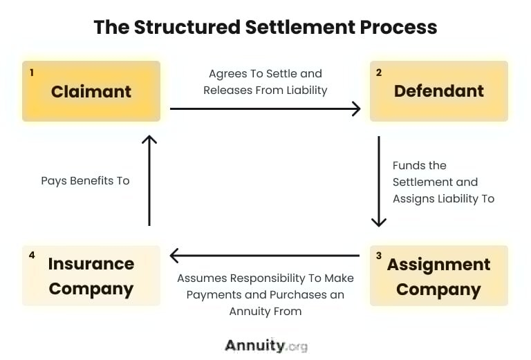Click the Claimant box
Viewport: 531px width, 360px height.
coord(91,91)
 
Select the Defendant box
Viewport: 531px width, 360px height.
coord(439,91)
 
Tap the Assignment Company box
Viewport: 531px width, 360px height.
coord(439,276)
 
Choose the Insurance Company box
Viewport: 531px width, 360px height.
coord(91,276)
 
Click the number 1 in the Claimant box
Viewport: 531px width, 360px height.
coord(32,72)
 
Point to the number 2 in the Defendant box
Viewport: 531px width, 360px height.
coord(379,72)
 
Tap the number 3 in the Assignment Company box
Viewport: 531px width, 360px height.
coord(379,256)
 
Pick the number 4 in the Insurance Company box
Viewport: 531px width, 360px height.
coord(32,255)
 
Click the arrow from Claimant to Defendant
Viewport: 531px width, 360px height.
coord(265,108)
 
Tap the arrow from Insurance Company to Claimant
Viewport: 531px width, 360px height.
coord(149,180)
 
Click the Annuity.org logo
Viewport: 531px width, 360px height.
coord(265,345)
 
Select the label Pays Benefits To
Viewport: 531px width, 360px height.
coord(85,181)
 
